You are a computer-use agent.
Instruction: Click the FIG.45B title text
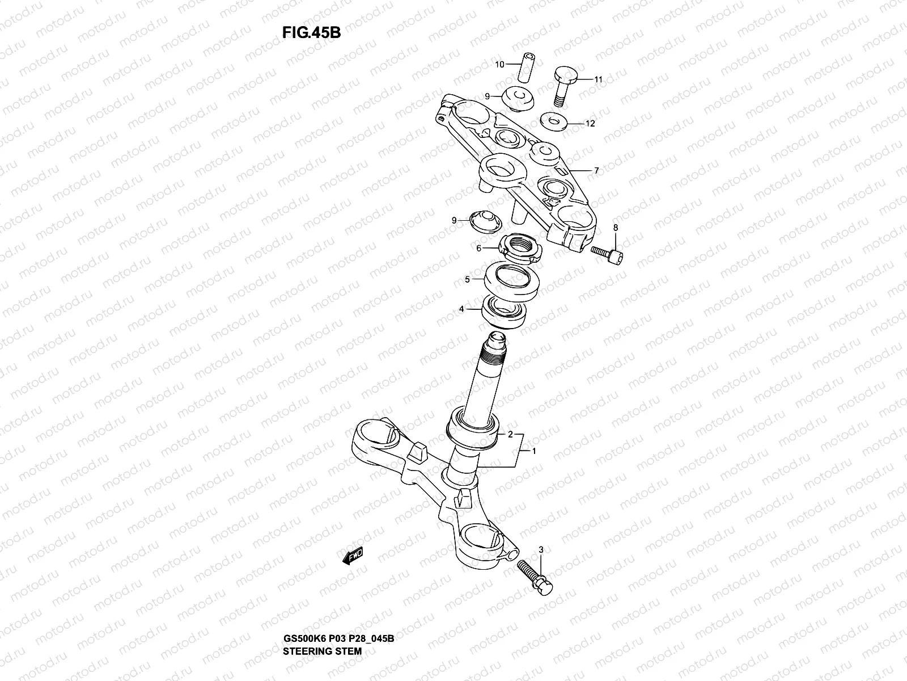pyautogui.click(x=311, y=33)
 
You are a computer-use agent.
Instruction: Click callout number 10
pyautogui.click(x=499, y=65)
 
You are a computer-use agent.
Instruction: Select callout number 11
pyautogui.click(x=599, y=79)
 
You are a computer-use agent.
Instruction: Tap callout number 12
pyautogui.click(x=590, y=123)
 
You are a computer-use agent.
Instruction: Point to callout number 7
pyautogui.click(x=596, y=170)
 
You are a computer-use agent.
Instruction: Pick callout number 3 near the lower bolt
pyautogui.click(x=541, y=550)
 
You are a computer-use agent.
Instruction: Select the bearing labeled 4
pyautogui.click(x=505, y=310)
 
